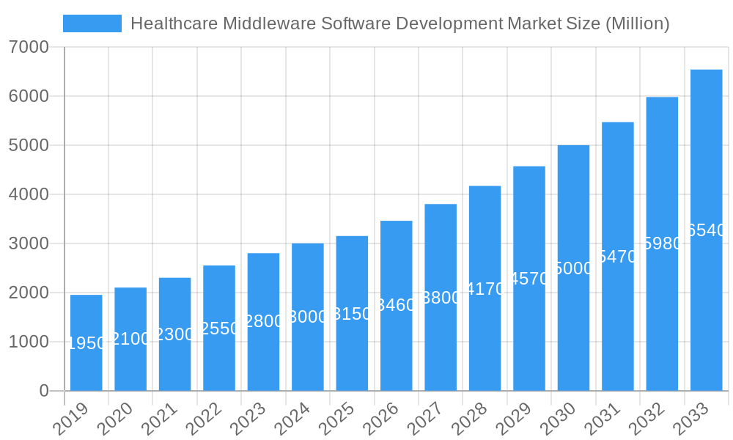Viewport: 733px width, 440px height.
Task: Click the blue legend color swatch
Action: click(x=92, y=23)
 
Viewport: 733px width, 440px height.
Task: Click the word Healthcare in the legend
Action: click(x=174, y=23)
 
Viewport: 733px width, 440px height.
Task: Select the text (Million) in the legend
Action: click(x=637, y=23)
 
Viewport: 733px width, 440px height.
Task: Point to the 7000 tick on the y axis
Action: click(x=29, y=48)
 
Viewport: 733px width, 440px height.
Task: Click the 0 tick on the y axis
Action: click(x=44, y=391)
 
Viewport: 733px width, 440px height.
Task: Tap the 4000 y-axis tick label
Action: click(x=29, y=195)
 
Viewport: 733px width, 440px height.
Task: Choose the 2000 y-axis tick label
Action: click(x=29, y=293)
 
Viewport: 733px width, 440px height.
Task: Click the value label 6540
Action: click(x=707, y=230)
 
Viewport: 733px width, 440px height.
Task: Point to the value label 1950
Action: click(x=86, y=343)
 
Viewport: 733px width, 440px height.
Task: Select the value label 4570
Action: click(x=529, y=279)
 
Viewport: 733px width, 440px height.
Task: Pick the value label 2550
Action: click(x=219, y=329)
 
